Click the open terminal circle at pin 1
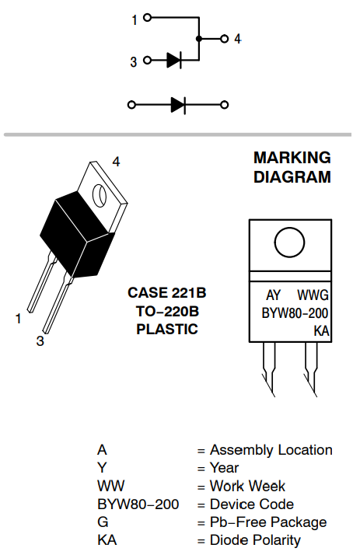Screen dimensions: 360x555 coord(148,17)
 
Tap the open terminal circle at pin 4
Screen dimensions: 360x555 coord(224,39)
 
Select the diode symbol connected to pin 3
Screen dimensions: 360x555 coord(174,60)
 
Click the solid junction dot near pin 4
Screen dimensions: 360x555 coord(199,39)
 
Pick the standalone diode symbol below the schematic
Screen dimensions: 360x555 coord(178,105)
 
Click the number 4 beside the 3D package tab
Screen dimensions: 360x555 coord(116,162)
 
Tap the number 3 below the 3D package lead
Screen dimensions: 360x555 coord(40,341)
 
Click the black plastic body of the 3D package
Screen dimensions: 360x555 coord(76,234)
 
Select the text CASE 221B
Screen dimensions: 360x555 coord(166,293)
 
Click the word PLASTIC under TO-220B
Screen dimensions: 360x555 coord(167,329)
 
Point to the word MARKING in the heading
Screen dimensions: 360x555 coord(292,158)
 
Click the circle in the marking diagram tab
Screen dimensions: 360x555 coord(289,243)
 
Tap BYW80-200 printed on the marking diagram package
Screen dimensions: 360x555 coord(295,313)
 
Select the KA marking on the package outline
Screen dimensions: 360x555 coord(321,331)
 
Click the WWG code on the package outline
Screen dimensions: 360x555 coord(313,295)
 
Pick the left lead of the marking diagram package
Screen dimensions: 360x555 coord(269,368)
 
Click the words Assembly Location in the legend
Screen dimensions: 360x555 coord(271,450)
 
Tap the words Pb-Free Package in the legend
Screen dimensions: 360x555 coord(268,522)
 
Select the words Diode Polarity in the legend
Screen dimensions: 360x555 coord(255,540)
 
